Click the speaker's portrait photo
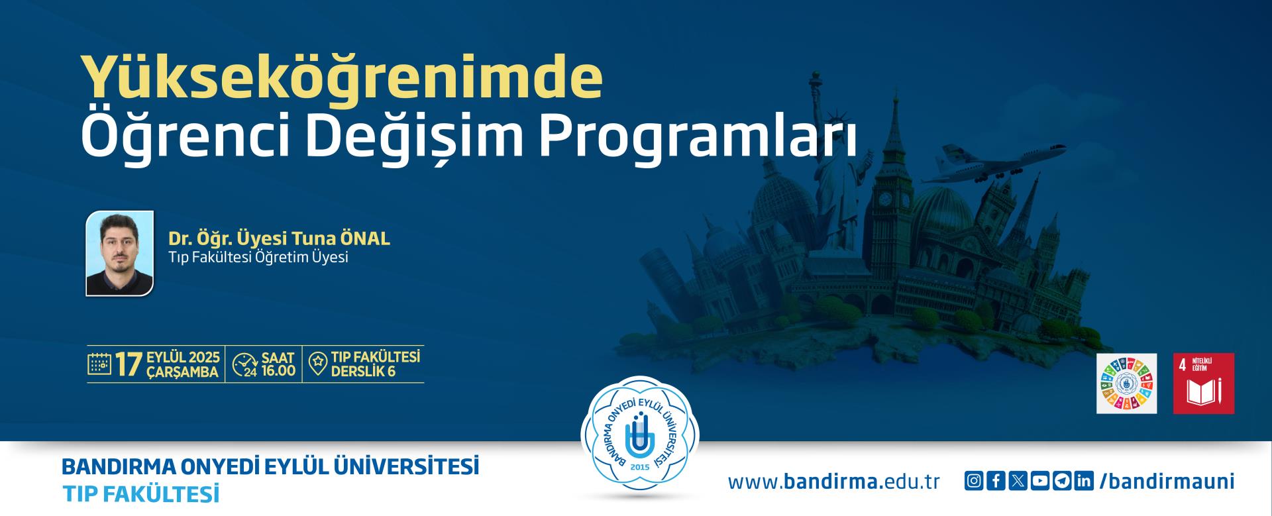click(x=120, y=253)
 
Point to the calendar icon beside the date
click(x=99, y=364)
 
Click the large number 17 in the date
click(x=129, y=364)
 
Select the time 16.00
click(x=279, y=371)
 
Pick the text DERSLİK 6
click(x=363, y=372)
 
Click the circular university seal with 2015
click(x=640, y=436)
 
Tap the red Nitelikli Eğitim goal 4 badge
click(x=1204, y=384)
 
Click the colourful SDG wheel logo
click(x=1127, y=384)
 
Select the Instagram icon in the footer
click(x=973, y=481)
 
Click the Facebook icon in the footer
click(x=996, y=481)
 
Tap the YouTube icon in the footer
click(x=1040, y=481)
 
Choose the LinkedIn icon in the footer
click(x=1084, y=481)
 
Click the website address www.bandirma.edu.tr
click(x=833, y=482)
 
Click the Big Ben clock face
click(x=886, y=199)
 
